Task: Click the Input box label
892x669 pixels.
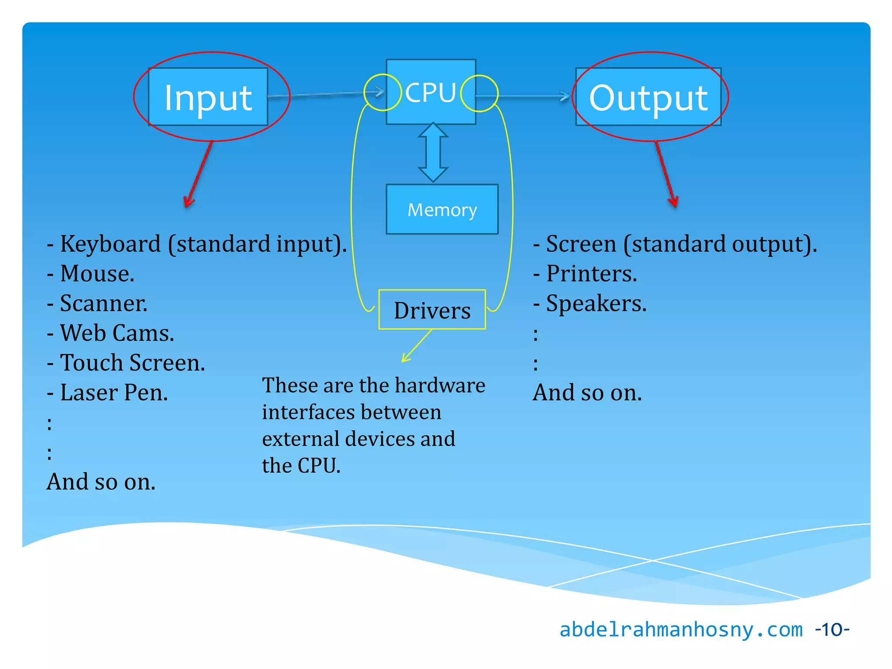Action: [x=208, y=98]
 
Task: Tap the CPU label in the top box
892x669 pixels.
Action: [x=430, y=93]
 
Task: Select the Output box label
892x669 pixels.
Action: [x=648, y=98]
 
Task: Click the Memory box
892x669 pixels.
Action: [x=442, y=209]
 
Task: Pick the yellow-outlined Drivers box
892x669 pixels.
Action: [x=432, y=310]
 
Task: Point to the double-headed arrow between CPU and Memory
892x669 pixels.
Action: [x=432, y=152]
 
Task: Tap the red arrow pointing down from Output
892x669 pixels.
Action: [x=665, y=174]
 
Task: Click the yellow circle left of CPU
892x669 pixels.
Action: [x=382, y=92]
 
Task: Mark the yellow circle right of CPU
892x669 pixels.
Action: [x=479, y=93]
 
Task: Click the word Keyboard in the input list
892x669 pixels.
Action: [x=110, y=244]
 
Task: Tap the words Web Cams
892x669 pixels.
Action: [x=117, y=333]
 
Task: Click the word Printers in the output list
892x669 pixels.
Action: [x=591, y=274]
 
